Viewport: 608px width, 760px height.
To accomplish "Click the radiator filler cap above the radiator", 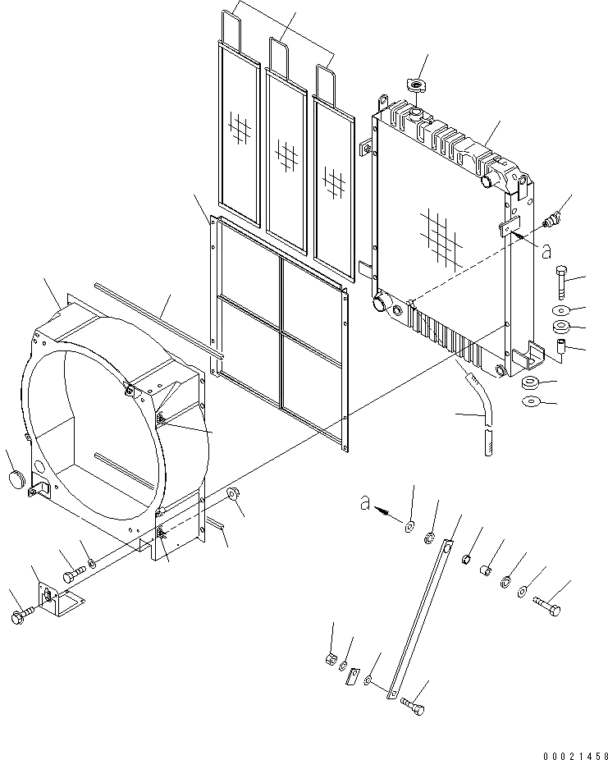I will point(416,85).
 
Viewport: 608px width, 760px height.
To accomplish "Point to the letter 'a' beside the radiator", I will point(546,252).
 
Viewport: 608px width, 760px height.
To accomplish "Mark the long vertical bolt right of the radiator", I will point(561,285).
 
